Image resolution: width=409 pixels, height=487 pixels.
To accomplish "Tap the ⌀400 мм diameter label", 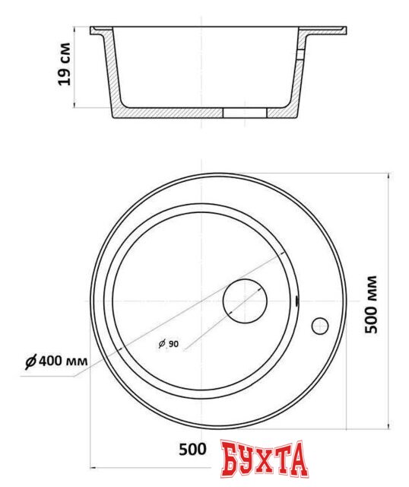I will [54, 361].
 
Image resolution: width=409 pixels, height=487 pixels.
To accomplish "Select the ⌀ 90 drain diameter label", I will [168, 345].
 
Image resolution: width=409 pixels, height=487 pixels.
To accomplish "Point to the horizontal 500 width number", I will [193, 450].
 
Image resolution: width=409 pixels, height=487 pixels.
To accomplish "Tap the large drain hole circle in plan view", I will [245, 301].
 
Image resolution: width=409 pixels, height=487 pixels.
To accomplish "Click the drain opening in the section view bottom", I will [244, 113].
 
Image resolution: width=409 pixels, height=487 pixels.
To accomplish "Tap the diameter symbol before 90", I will [162, 345].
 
